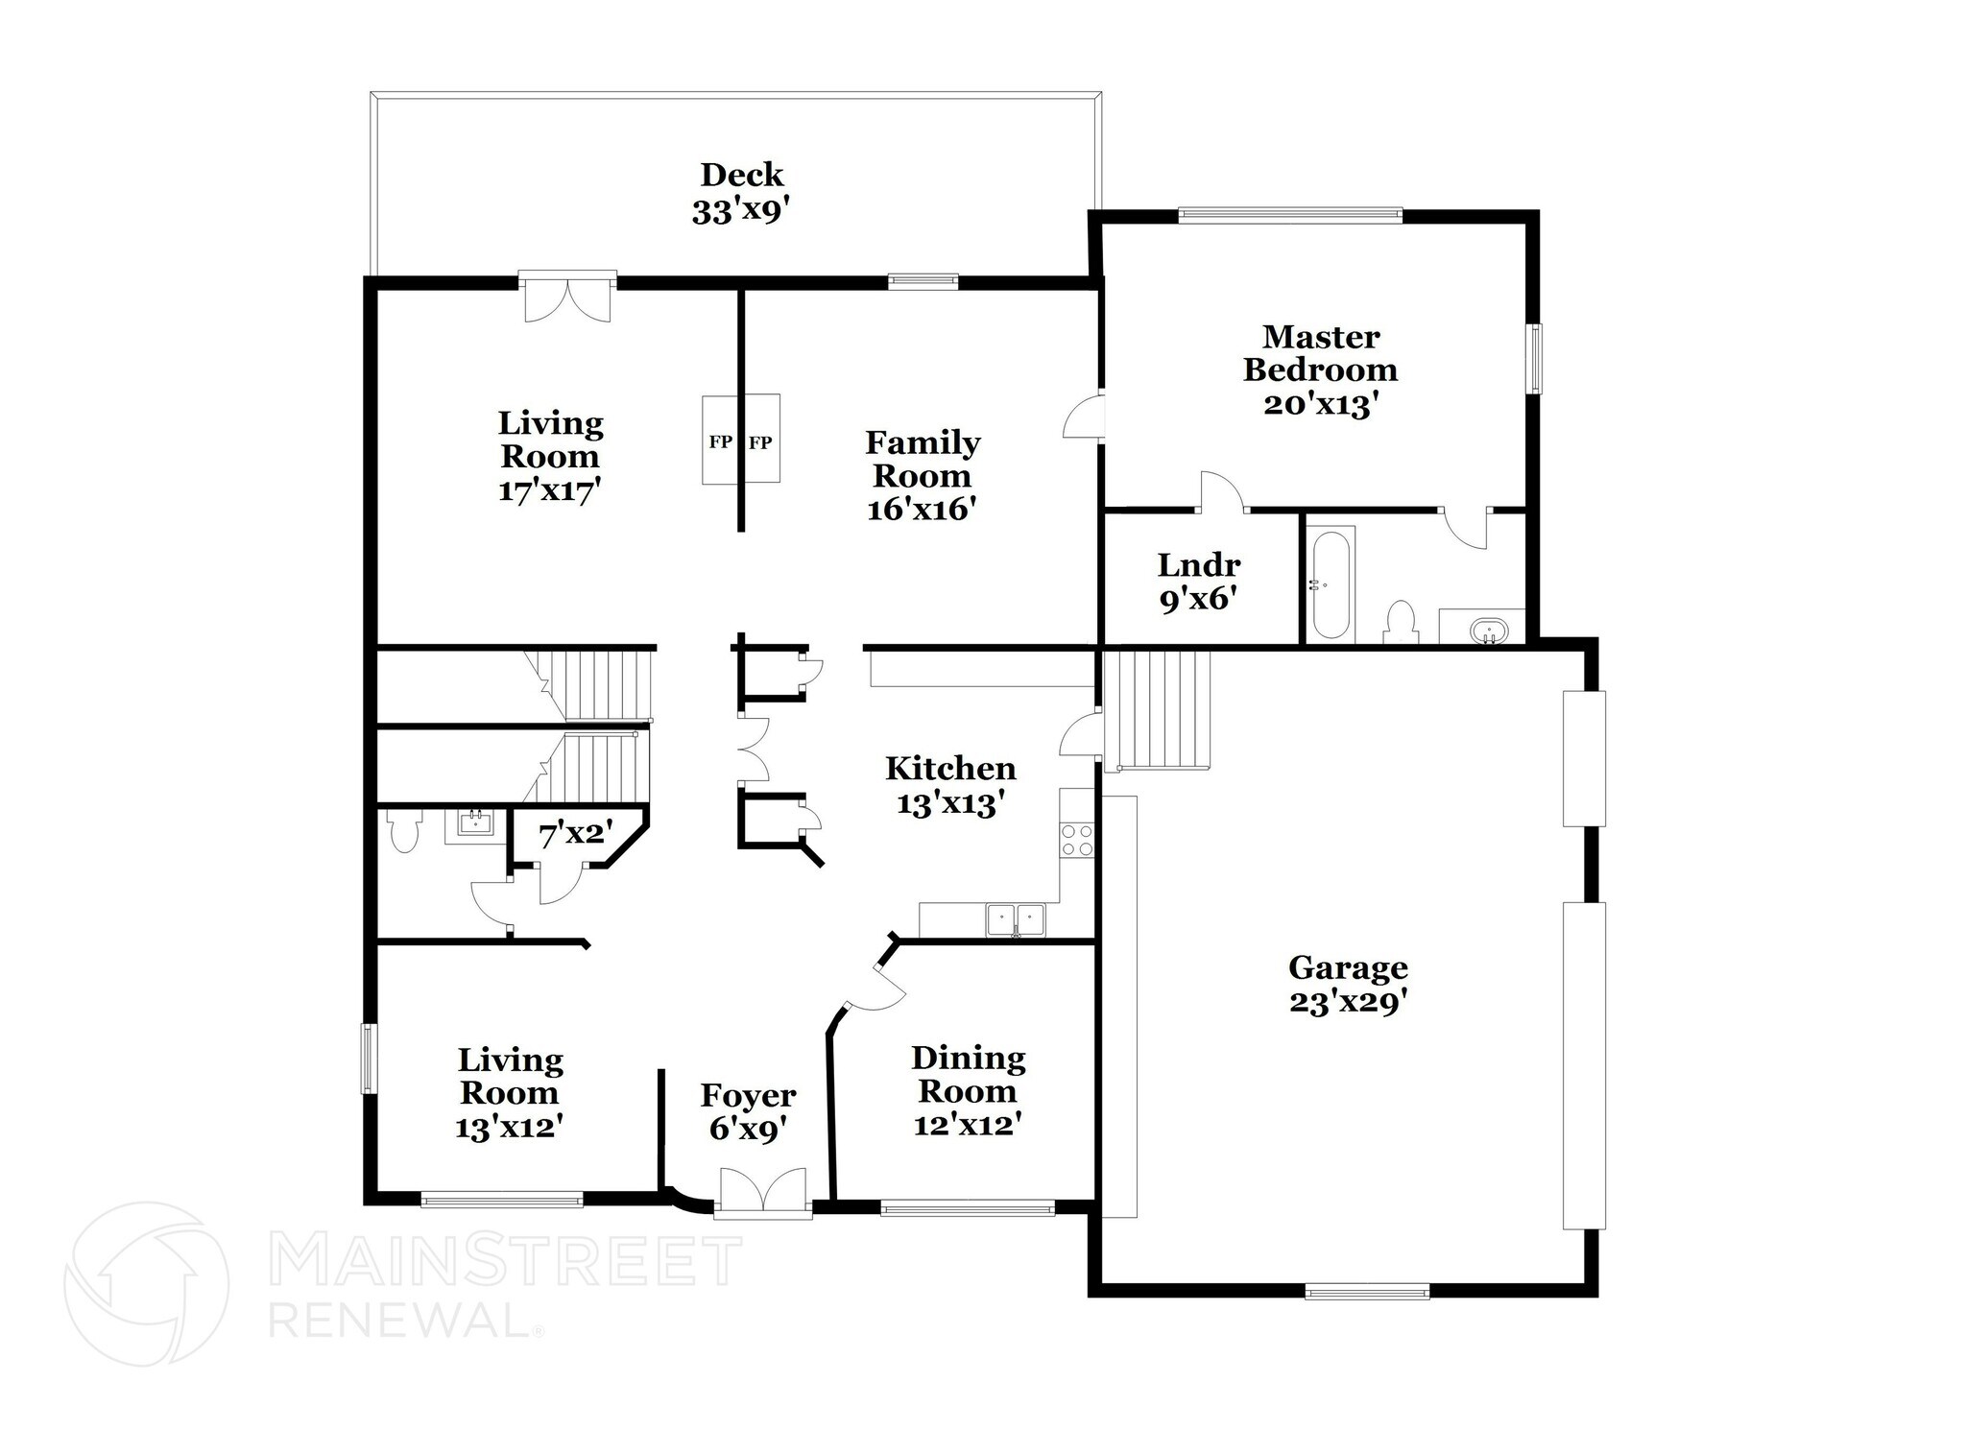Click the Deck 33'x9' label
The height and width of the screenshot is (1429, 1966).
point(741,193)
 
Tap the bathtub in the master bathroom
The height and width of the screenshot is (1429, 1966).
point(1331,585)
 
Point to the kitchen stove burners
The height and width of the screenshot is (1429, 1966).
point(1076,840)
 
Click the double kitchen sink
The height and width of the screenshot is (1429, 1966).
point(1016,919)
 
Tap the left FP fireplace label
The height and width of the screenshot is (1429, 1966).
point(720,442)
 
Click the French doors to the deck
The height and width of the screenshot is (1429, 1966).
point(566,298)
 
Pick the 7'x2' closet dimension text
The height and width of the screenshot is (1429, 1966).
point(575,835)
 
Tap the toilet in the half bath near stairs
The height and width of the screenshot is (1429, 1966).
point(402,830)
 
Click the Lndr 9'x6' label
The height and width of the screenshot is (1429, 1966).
point(1198,583)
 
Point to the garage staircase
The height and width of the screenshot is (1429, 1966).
point(1158,710)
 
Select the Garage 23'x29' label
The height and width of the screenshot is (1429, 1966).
point(1348,984)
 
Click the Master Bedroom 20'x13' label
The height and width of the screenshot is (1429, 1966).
point(1320,369)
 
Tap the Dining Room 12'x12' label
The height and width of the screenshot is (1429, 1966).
point(968,1090)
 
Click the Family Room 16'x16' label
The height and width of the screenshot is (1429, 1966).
point(922,475)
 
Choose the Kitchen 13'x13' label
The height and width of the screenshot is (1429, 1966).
point(950,785)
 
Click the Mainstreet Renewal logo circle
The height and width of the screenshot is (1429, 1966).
point(146,1283)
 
